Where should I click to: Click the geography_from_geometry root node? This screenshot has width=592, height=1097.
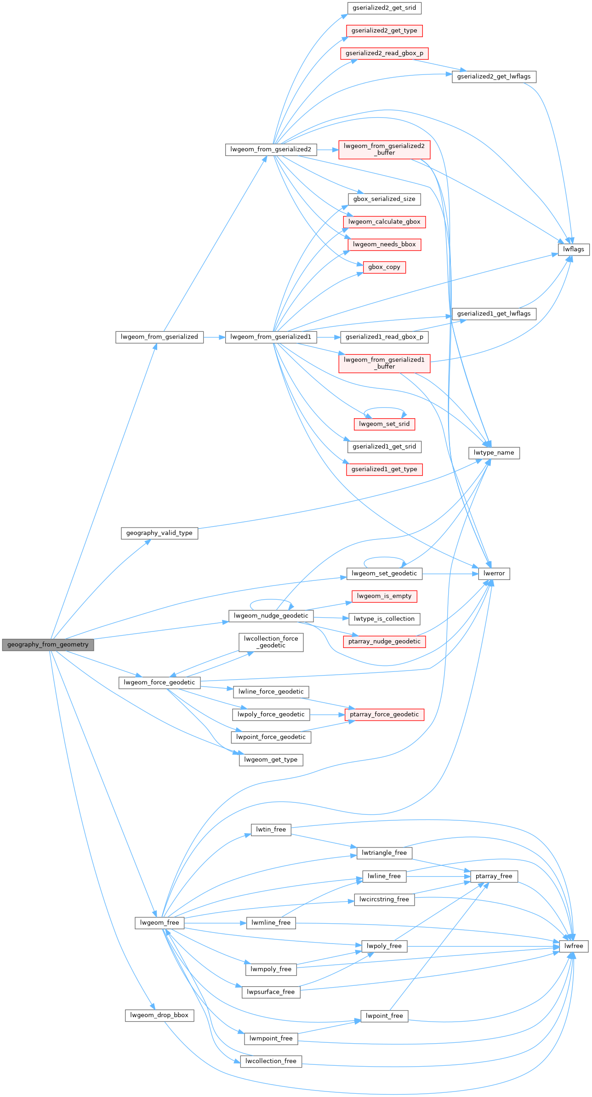point(48,645)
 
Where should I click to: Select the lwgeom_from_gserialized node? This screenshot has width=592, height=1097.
point(159,337)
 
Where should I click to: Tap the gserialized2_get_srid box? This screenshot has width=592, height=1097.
point(384,8)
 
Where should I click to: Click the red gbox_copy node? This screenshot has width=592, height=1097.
point(384,267)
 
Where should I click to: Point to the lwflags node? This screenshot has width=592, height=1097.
point(574,249)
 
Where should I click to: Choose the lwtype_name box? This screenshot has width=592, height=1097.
point(494,453)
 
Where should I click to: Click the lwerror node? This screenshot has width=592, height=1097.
point(494,574)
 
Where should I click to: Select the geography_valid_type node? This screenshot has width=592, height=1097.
point(159,533)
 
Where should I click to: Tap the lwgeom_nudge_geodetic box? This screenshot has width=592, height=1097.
point(271,616)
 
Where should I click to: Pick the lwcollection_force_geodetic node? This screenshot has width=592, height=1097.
point(271,642)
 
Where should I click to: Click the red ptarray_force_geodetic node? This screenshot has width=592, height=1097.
point(384,715)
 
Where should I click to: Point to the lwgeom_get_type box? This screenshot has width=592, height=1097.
point(271,760)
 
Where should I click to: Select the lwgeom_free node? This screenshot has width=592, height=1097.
point(159,923)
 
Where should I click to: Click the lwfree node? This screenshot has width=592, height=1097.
point(574,946)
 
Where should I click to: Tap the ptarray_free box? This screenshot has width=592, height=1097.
point(494,876)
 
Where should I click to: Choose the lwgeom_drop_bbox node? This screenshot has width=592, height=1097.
point(159,1015)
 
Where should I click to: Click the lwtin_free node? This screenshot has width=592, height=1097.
point(271,830)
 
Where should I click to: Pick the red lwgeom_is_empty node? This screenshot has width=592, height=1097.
point(384,596)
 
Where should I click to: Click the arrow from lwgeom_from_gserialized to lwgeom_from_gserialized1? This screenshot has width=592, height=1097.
point(214,337)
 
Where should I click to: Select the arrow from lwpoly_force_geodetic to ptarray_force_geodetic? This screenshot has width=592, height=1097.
point(327,715)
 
